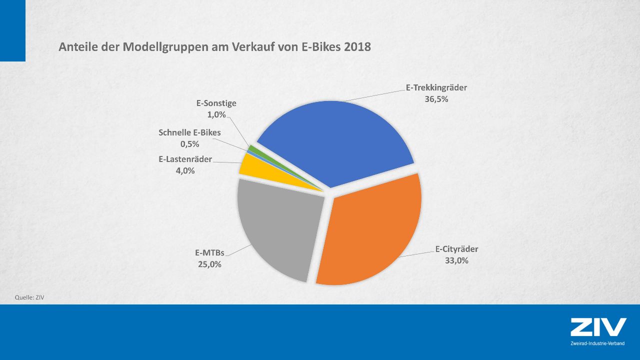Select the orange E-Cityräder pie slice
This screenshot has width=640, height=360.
(x=370, y=230)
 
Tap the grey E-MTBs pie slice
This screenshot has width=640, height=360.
(x=280, y=225)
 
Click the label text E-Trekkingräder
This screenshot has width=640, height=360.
(x=436, y=87)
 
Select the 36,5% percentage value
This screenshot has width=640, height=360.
(x=436, y=99)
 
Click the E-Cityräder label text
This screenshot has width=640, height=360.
(x=456, y=248)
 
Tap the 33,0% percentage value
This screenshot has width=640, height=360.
(x=456, y=260)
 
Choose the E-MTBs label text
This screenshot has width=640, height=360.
(x=209, y=252)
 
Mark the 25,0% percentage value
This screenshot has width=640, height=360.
(x=209, y=264)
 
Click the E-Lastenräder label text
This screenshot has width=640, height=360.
(x=185, y=159)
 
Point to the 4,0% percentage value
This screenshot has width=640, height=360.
(x=185, y=171)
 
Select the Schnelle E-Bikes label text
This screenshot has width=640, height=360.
(x=189, y=132)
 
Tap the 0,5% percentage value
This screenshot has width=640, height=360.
(x=189, y=144)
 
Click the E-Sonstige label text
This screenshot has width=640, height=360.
(x=216, y=103)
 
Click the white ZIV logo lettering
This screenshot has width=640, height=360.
(x=598, y=327)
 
